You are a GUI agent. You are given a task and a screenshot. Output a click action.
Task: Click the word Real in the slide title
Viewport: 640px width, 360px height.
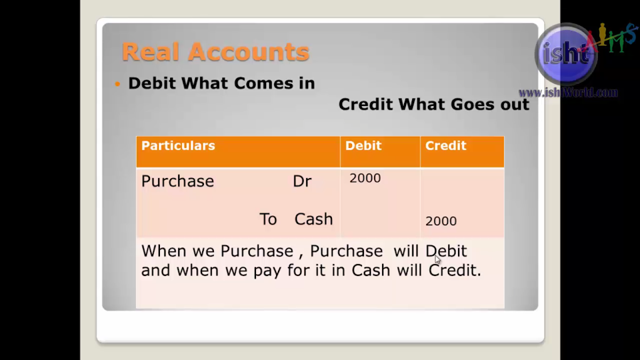[x=151, y=52]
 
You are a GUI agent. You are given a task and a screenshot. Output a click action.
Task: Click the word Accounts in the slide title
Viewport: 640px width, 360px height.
[x=248, y=52]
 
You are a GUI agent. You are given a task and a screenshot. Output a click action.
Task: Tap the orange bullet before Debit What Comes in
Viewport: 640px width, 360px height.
[x=117, y=84]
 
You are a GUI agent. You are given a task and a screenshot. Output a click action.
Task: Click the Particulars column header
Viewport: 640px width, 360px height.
[x=178, y=146]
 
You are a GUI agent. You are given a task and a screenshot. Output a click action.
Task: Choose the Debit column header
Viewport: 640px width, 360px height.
[x=363, y=146]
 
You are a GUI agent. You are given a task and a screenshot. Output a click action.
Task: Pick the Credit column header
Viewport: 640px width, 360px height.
[x=445, y=146]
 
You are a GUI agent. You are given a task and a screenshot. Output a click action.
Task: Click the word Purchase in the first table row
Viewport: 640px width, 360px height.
[x=178, y=181]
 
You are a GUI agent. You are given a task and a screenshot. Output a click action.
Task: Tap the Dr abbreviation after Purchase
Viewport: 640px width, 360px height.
[x=302, y=181]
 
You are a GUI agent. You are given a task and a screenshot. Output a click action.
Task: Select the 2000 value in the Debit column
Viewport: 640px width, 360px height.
[x=365, y=178]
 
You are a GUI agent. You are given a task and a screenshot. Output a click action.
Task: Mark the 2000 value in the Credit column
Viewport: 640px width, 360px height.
[x=441, y=221]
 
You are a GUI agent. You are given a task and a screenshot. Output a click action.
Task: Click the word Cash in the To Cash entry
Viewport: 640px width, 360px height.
[x=314, y=219]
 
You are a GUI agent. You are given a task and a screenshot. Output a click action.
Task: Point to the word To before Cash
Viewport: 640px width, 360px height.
[x=268, y=219]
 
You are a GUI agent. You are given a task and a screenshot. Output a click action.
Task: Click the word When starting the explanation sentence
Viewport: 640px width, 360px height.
[x=164, y=251]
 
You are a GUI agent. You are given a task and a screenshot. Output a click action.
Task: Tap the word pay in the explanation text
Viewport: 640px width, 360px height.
[x=267, y=270]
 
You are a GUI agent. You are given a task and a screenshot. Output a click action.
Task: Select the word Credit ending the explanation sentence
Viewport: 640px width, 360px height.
[x=455, y=270]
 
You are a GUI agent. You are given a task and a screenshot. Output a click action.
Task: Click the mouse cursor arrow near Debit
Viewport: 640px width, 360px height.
[x=437, y=260]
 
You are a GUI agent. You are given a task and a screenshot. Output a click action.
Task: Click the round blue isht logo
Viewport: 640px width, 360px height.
[x=566, y=53]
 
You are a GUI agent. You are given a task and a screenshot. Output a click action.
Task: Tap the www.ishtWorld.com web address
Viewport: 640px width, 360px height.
[x=568, y=93]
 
